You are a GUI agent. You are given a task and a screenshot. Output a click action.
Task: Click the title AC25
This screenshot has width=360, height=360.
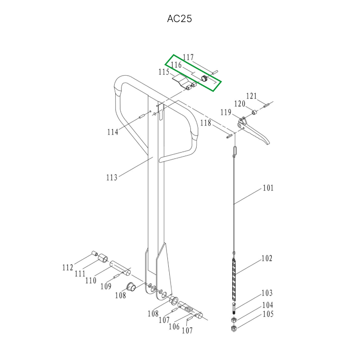(179, 18)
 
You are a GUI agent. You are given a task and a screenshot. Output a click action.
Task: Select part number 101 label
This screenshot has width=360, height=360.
(268, 188)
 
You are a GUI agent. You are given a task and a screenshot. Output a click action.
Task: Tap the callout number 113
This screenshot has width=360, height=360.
(112, 177)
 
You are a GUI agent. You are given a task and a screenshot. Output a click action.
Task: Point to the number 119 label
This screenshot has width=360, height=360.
(226, 112)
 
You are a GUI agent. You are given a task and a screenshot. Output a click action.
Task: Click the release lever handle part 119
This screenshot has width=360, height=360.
(252, 131)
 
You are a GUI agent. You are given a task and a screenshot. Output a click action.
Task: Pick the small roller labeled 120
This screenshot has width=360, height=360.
(254, 112)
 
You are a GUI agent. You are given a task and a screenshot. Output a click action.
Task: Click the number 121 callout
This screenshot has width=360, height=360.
(252, 96)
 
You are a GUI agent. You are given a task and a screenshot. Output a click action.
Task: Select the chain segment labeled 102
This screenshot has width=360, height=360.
(234, 279)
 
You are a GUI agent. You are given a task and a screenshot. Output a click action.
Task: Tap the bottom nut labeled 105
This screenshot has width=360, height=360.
(234, 328)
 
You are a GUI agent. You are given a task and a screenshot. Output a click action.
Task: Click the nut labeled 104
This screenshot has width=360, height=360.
(234, 319)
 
